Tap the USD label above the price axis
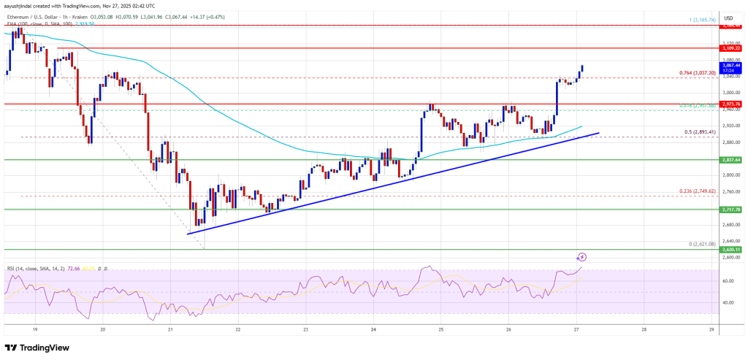(x=728, y=18)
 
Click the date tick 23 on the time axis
(x=305, y=329)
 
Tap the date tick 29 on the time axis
(x=710, y=329)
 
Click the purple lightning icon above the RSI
(x=582, y=257)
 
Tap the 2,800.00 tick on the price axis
(x=727, y=175)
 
